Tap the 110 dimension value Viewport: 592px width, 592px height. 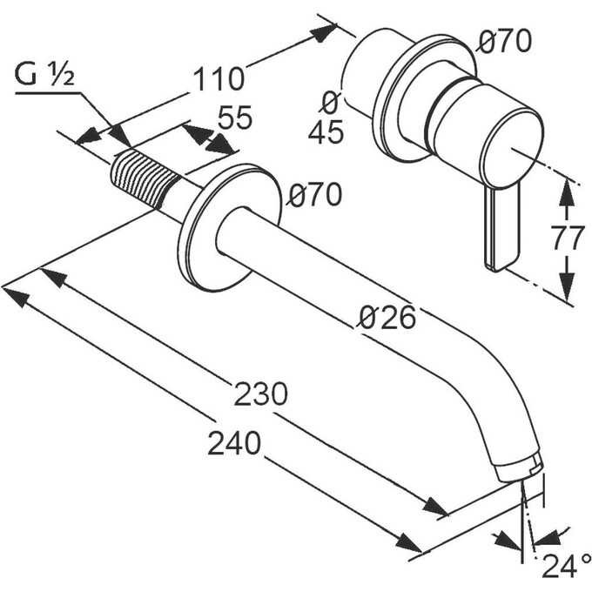tap(219, 79)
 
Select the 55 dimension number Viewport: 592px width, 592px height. tap(234, 118)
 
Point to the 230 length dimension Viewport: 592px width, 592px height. tap(261, 394)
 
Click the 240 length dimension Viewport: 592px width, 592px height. tap(234, 443)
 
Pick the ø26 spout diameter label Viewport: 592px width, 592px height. tap(387, 317)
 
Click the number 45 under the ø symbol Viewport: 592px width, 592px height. tap(326, 131)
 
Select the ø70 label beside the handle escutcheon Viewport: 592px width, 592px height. tap(504, 41)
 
